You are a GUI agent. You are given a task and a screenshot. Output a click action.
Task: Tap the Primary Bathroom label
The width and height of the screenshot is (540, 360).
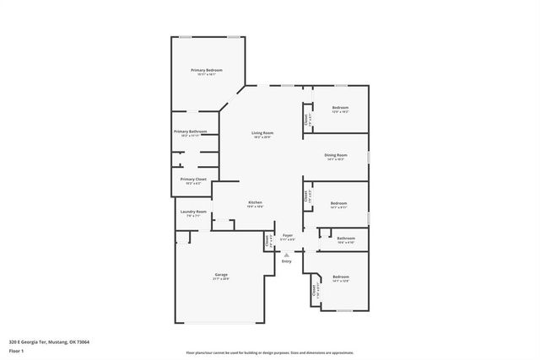191,132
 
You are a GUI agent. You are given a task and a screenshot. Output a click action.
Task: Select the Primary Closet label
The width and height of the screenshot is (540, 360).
193,179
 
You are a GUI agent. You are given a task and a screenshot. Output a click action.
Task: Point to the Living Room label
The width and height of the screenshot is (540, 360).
262,132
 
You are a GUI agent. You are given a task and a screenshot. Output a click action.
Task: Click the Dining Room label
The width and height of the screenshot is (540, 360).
336,155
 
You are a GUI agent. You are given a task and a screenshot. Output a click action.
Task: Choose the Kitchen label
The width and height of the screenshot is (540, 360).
256,202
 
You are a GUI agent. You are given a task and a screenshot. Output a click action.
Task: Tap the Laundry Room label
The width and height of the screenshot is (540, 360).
193,212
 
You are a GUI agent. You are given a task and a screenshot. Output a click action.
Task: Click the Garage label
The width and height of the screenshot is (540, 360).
221,275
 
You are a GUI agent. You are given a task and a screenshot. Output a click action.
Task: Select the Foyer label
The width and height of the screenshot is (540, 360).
287,235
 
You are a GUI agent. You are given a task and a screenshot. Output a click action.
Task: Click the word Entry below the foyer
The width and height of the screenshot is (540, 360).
287,261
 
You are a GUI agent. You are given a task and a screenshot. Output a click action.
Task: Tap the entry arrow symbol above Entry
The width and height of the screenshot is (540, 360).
287,254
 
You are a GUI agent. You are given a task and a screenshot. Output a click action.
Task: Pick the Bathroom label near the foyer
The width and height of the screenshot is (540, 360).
346,239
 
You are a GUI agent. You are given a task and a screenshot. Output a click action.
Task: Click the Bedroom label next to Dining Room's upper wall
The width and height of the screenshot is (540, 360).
340,108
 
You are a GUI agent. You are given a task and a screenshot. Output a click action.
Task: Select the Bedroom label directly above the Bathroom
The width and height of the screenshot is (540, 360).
338,203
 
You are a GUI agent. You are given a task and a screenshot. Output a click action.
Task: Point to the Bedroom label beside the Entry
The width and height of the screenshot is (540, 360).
340,277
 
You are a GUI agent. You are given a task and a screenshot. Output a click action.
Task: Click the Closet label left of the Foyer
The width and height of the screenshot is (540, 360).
267,240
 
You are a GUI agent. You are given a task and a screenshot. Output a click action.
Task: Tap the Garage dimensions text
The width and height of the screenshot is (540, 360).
221,279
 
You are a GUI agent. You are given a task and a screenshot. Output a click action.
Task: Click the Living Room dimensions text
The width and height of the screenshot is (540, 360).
262,137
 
